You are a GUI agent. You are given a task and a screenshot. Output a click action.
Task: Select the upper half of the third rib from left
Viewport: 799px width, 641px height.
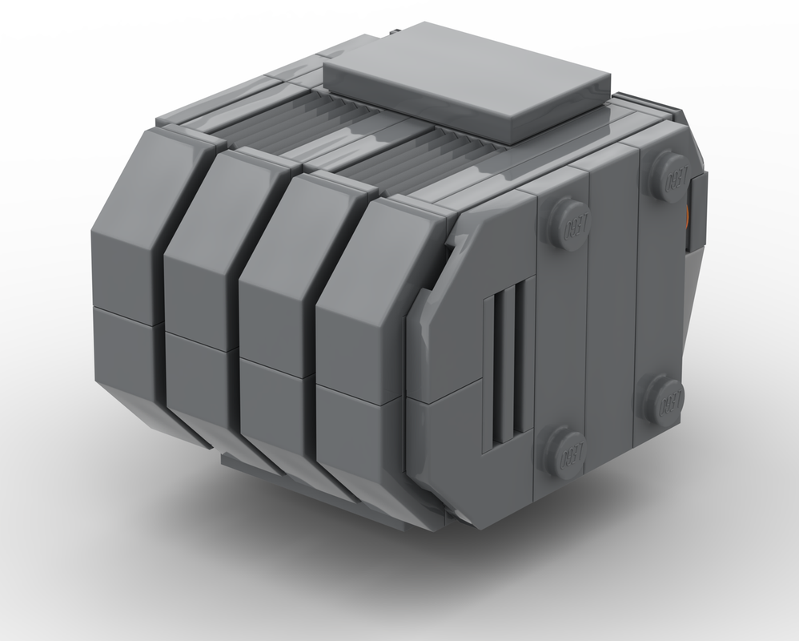[x=280, y=264]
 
